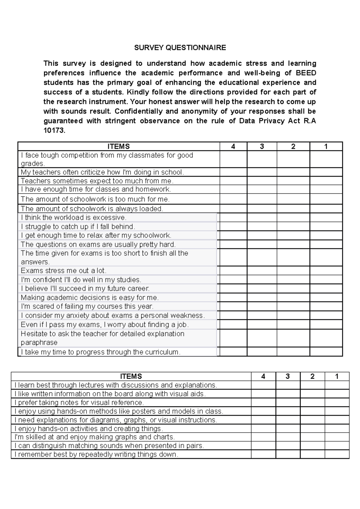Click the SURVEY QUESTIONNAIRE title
(180, 48)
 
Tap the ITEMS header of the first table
(119, 146)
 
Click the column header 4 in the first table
(233, 146)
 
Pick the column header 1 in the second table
(337, 376)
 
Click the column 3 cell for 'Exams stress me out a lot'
(262, 271)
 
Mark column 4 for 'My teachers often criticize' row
(233, 172)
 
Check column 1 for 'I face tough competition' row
(326, 159)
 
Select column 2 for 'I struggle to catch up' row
(293, 226)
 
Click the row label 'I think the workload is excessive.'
(73, 217)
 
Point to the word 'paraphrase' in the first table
(39, 342)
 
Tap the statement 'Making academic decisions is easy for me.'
(90, 297)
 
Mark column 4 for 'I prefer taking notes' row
(263, 402)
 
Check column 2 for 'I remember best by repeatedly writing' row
(312, 454)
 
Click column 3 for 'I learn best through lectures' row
(288, 385)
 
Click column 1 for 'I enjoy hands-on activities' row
(337, 428)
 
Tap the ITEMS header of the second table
(131, 376)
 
